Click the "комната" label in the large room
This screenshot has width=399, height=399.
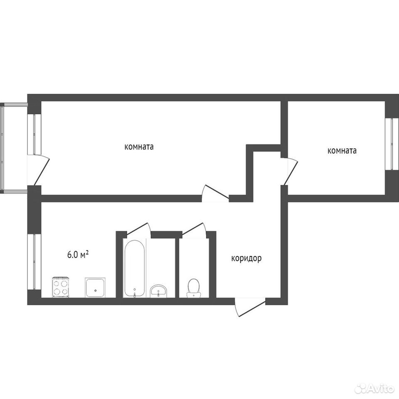coord(139,147)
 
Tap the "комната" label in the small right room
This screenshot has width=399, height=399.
coord(342,151)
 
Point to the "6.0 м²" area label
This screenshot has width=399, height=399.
coord(78,254)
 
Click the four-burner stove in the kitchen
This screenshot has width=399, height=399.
coord(61,287)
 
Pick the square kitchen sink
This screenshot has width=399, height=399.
coord(95,288)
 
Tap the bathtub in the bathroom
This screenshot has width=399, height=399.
coord(134,268)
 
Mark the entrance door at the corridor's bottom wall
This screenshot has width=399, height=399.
coord(250,307)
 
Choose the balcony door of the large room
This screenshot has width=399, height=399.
coord(38,170)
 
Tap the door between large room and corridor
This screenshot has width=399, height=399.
coord(216,193)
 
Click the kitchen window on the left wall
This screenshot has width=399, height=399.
coord(34,261)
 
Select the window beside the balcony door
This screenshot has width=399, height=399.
coord(34,134)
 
